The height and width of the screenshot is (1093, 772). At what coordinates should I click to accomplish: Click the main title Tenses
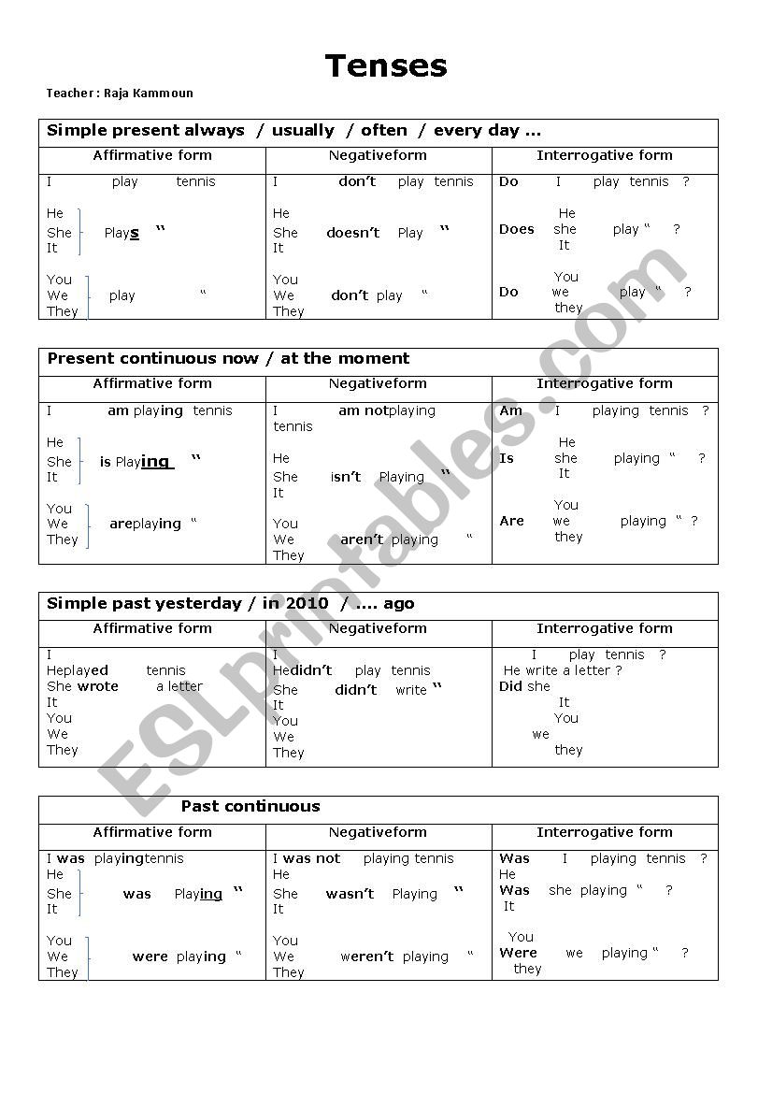point(386,66)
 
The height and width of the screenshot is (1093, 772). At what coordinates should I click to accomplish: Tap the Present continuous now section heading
point(228,359)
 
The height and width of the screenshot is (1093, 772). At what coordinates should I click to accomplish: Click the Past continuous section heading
point(250,807)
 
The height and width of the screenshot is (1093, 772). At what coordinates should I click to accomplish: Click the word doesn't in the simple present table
point(352,233)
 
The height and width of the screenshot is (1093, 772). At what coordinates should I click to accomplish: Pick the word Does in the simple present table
point(516,229)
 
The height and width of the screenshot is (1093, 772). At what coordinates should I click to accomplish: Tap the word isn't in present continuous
point(346,477)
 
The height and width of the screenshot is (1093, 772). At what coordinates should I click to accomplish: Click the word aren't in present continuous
point(362,539)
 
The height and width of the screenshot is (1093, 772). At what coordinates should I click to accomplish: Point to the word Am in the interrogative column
point(511,410)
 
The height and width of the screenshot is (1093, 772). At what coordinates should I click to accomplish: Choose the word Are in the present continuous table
point(511,521)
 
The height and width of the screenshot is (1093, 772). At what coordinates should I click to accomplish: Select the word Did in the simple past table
point(510,686)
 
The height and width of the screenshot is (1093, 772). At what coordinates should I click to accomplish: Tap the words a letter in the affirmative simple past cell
point(179,686)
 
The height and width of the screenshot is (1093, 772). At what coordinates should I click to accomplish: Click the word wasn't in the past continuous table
point(350,894)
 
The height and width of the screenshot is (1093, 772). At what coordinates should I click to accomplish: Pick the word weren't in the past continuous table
point(366,956)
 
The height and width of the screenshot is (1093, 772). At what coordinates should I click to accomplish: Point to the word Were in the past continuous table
point(518,953)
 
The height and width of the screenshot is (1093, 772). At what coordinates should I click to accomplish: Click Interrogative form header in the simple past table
point(605,629)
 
